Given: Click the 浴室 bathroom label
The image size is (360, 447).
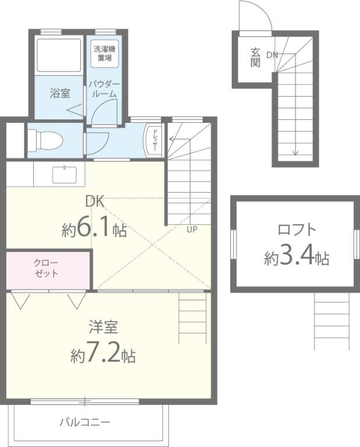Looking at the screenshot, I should pyautogui.click(x=60, y=93).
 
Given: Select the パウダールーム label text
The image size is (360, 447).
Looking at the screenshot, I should pyautogui.click(x=104, y=88).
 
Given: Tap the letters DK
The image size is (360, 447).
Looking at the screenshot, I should pyautogui.click(x=94, y=202).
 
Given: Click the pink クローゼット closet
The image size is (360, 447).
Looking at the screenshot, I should pyautogui.click(x=48, y=268).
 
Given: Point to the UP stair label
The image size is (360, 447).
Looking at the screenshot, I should pyautogui.click(x=192, y=229).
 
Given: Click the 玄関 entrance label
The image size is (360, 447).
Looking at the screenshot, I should pyautogui.click(x=255, y=57).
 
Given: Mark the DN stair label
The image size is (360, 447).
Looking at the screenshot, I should pyautogui.click(x=272, y=55).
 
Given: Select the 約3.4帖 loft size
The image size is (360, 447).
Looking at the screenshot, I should pyautogui.click(x=297, y=256).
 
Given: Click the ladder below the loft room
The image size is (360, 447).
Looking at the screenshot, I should pyautogui.click(x=331, y=320).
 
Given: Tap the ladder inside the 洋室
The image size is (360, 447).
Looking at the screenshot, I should pyautogui.click(x=192, y=318).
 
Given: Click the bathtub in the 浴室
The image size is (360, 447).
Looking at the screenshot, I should pyautogui.click(x=59, y=55).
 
